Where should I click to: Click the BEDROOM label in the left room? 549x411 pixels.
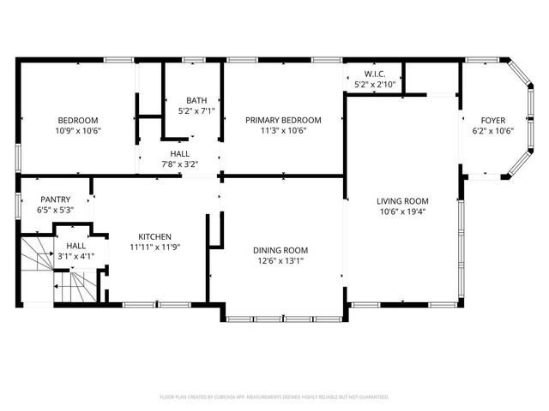(x=78, y=120)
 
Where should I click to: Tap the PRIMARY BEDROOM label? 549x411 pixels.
(x=283, y=120)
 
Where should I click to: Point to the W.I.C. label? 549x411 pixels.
(x=374, y=74)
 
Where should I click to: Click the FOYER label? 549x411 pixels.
(x=492, y=120)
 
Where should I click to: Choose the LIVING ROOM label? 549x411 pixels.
(x=402, y=201)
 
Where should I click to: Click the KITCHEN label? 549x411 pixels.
(x=154, y=236)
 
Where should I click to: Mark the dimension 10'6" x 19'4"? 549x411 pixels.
(x=402, y=211)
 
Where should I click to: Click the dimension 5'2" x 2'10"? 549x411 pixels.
(x=374, y=84)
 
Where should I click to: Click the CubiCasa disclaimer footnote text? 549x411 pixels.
(x=274, y=397)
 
